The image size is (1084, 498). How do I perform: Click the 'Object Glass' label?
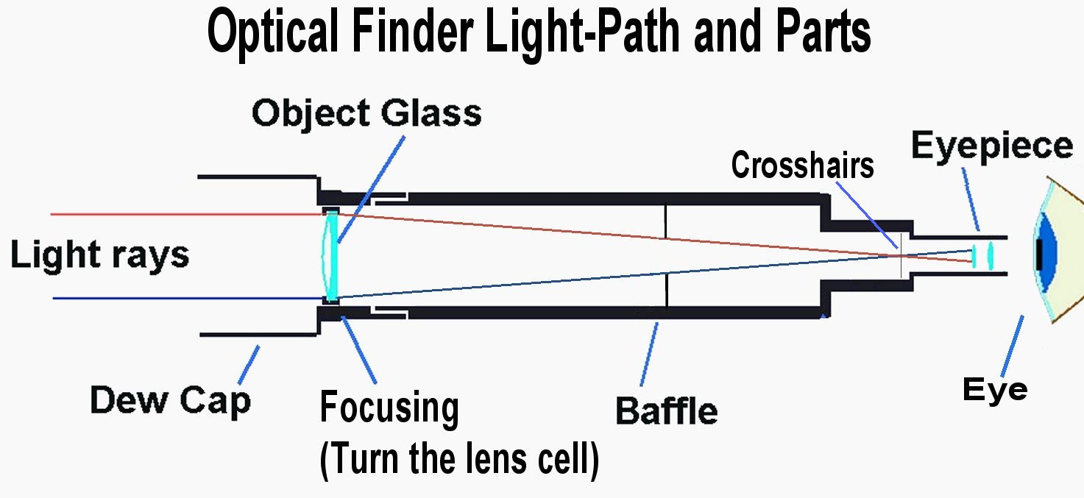point(366,114)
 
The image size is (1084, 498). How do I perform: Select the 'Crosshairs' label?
point(802,166)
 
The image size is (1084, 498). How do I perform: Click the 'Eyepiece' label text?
point(991,146)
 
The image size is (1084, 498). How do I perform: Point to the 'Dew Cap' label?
point(170,401)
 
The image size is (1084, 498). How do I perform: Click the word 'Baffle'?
point(666,410)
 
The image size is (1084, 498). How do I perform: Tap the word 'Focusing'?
point(389,409)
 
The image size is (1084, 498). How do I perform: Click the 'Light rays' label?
point(99,255)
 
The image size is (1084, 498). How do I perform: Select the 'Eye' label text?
point(994,388)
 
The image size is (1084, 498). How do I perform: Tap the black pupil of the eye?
point(1038,254)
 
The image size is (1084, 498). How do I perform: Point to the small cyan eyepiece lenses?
point(982,255)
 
